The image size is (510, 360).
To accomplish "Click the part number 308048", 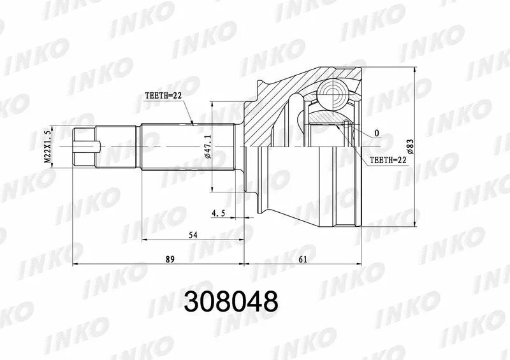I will pos(231,301).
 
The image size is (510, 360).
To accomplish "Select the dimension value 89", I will pos(170,259).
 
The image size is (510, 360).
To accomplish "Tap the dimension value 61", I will pos(303,259).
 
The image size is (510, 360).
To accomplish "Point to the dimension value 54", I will pos(192,236).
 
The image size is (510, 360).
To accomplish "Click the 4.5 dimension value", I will pos(219,214).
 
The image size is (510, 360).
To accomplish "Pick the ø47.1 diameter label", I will pos(207,146).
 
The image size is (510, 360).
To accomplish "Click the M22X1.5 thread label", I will pos(47,146).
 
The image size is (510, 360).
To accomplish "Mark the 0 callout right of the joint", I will pos(377,133).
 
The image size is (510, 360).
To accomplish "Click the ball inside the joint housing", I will pos(331,94).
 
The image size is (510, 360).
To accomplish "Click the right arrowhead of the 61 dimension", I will pos(360,263).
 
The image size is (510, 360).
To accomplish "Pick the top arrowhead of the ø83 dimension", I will pos(416,69).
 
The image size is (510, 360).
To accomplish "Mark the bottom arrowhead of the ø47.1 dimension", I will pos(212,189).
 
